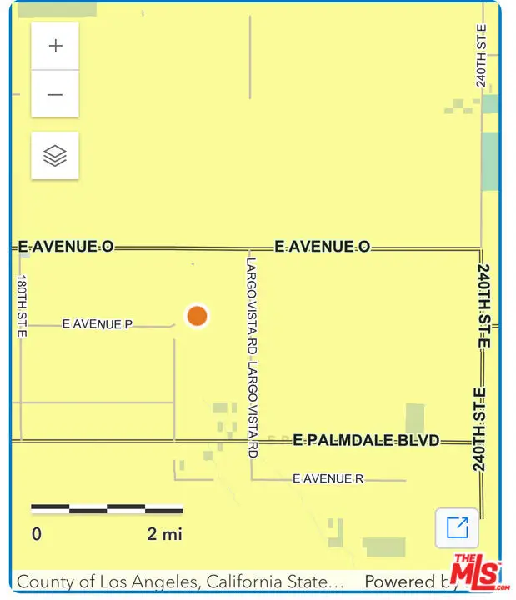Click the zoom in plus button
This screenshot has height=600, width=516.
(55, 46)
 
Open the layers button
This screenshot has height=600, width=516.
(55, 155)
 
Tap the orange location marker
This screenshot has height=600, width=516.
(197, 316)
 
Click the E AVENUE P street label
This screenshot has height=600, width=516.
(98, 324)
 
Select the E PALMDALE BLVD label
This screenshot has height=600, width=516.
(366, 440)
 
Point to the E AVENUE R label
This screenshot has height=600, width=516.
(328, 479)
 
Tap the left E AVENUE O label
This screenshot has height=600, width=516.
(66, 247)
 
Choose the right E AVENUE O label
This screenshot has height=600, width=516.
(322, 247)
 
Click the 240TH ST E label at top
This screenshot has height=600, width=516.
(481, 56)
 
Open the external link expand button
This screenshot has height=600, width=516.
(457, 528)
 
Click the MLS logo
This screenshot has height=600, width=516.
(475, 573)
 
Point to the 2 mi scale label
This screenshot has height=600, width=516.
(164, 534)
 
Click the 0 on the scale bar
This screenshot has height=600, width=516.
(37, 534)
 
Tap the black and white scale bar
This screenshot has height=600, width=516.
(107, 508)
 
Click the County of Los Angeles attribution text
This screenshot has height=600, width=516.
(179, 582)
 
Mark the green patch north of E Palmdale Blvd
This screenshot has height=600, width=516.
(414, 418)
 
